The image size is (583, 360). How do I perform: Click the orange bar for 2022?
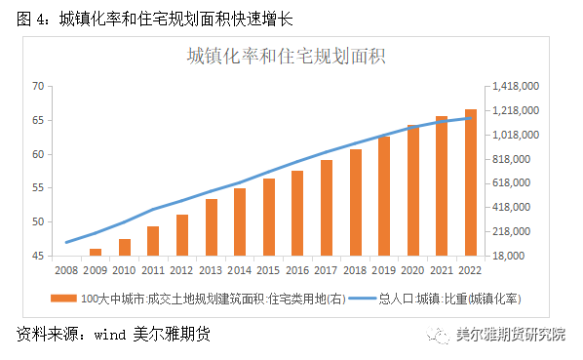(x=471, y=182)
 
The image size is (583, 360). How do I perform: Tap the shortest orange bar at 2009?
(x=96, y=252)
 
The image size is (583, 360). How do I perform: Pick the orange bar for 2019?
(x=384, y=195)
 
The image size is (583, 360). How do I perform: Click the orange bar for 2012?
(x=182, y=234)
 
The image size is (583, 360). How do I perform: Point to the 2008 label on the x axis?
(x=66, y=269)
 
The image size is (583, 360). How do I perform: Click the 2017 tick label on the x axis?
(x=327, y=269)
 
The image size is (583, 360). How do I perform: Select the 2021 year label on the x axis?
(x=442, y=269)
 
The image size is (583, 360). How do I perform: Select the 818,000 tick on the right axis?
(x=513, y=159)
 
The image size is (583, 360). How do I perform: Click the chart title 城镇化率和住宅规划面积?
(x=287, y=56)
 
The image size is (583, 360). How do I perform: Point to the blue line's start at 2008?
(x=66, y=242)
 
